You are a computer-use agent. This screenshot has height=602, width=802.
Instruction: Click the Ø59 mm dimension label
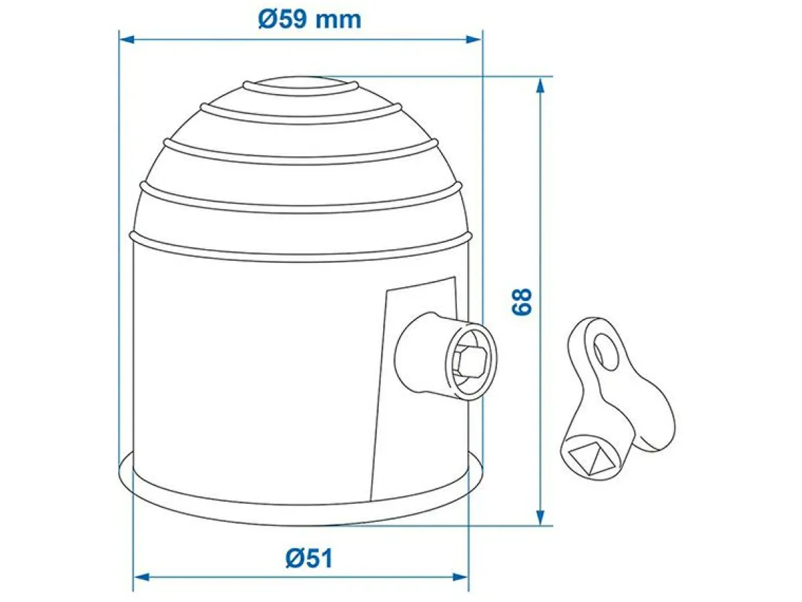310,19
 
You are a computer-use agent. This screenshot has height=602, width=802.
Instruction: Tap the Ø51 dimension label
309,558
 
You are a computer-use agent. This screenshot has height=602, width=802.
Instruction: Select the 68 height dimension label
522,302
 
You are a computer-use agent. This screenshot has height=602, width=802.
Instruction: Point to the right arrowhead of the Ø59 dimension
474,39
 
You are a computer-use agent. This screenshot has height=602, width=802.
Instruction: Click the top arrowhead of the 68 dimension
540,85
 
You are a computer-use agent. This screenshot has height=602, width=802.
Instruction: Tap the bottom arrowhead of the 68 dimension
540,517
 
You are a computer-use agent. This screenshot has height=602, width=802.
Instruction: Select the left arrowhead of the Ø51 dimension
140,577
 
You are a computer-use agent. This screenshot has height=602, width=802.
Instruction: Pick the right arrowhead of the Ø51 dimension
460,577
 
